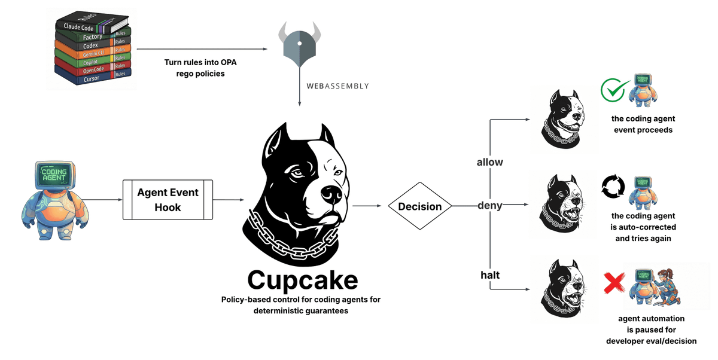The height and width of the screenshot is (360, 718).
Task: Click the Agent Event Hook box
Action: [x=168, y=200]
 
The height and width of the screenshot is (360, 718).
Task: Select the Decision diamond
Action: [x=419, y=206]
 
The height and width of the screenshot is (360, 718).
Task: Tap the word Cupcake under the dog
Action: [x=302, y=280]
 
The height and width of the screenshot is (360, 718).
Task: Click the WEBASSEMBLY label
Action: [x=337, y=86]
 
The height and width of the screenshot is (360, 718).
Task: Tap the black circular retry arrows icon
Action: [x=613, y=187]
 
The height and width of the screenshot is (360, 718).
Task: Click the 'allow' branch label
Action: [x=489, y=162]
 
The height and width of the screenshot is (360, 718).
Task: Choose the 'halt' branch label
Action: [x=490, y=274]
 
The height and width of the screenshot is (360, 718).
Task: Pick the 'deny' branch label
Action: [x=489, y=206]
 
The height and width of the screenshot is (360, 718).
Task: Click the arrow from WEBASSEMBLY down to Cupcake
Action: [x=299, y=96]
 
